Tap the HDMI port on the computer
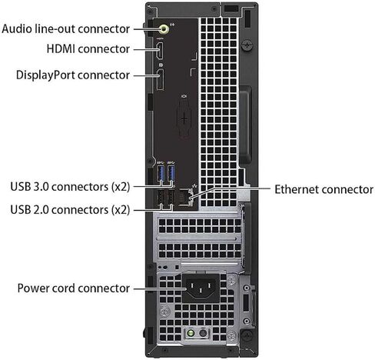click(160, 51)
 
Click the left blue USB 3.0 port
click(161, 173)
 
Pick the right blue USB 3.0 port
click(171, 173)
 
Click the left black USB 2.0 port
click(161, 197)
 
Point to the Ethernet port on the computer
click(185, 197)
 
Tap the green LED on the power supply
click(191, 333)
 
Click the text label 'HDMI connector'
click(88, 49)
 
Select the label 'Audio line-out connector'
click(65, 28)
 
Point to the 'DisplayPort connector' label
click(73, 75)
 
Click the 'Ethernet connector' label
click(324, 189)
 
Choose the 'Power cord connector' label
click(74, 288)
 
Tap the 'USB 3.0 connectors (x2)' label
click(70, 187)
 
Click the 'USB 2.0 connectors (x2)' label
click(70, 210)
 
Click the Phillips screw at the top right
click(247, 45)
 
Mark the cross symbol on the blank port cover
click(184, 119)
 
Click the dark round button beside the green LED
click(203, 333)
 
